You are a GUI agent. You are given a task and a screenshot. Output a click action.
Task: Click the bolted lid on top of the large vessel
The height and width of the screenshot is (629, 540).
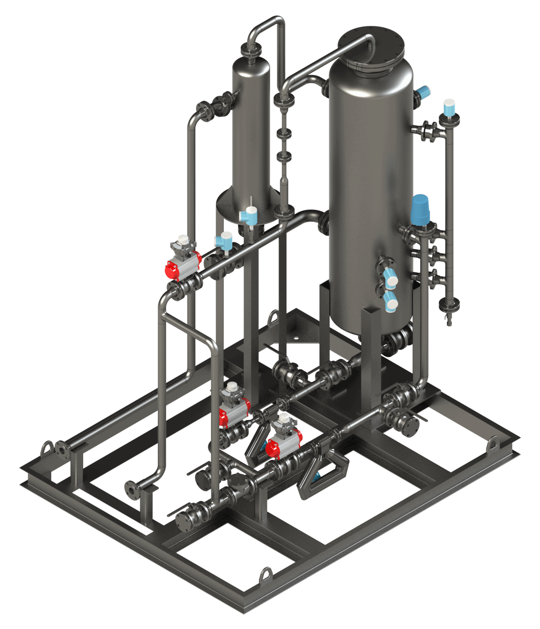click(371, 47)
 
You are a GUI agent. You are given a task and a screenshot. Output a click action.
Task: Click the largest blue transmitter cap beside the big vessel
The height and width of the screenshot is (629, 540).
click(420, 209)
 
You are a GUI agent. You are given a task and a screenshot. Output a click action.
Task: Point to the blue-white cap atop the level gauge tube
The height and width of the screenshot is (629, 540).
click(449, 108)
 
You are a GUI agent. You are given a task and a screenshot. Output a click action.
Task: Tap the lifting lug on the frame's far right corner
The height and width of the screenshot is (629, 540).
click(493, 444)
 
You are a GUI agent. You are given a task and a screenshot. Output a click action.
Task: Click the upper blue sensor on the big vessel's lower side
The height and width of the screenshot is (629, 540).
click(391, 279)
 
